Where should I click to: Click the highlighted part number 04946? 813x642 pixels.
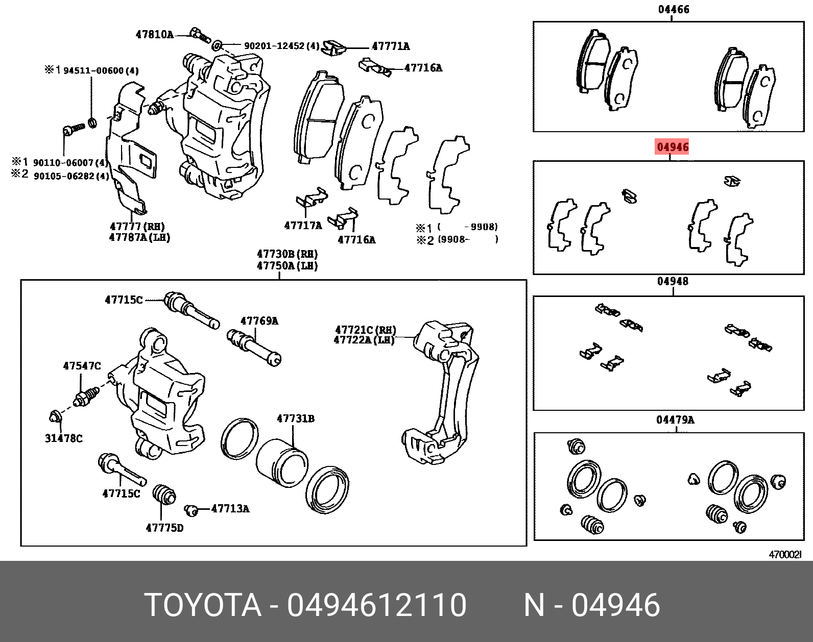[673, 147]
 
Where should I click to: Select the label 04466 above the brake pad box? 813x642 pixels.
[674, 9]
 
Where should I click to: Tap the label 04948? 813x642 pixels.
[673, 281]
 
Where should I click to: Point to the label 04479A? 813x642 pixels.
[675, 420]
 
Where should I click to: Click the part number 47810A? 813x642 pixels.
[154, 35]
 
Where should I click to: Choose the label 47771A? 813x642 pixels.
[391, 46]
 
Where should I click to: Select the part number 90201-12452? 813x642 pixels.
[274, 46]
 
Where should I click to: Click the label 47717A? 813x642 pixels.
[303, 226]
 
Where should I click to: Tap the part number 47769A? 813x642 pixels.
[259, 321]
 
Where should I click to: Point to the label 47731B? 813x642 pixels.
[296, 419]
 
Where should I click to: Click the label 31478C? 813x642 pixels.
[63, 438]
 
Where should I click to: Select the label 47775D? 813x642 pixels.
[164, 528]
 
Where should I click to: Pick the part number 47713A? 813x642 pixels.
[230, 509]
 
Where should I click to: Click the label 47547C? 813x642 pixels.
[82, 366]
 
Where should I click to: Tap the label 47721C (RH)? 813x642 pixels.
[366, 330]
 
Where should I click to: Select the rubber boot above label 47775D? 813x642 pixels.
[164, 494]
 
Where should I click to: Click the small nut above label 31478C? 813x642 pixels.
[55, 417]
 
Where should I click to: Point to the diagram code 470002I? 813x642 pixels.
[785, 555]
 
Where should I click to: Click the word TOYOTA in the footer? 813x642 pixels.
[203, 605]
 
